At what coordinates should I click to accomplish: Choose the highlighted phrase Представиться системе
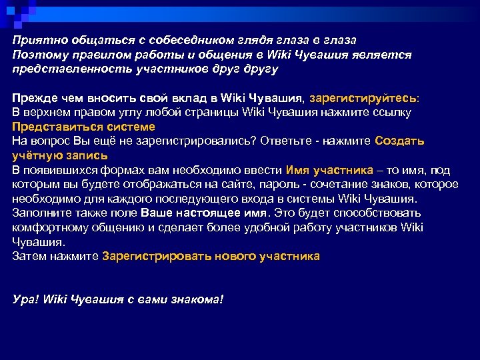[84, 126]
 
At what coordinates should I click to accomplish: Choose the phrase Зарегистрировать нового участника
[211, 256]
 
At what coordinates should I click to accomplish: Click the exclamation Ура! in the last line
[26, 299]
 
